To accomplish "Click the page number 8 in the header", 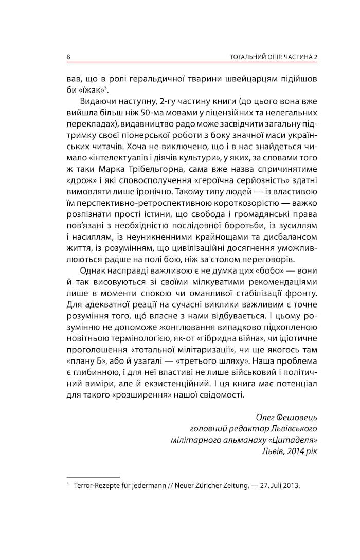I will click(69, 56).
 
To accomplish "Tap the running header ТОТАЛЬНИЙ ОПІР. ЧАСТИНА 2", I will click(272, 56).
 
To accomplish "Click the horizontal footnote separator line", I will click(93, 477).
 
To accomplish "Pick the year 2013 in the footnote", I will click(291, 485).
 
